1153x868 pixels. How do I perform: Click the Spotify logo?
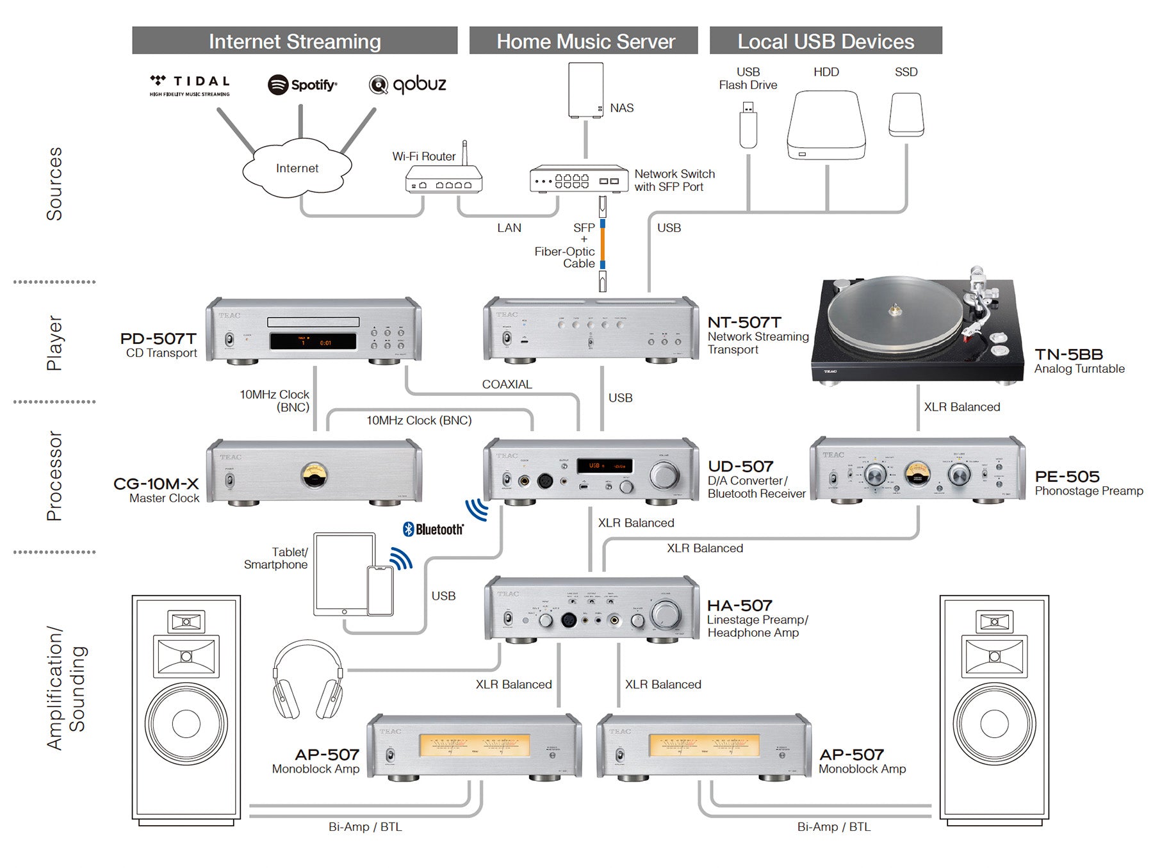pos(302,85)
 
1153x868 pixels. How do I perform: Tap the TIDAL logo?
pos(190,84)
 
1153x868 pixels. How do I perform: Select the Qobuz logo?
pos(407,84)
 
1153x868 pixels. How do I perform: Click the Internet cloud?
pos(297,168)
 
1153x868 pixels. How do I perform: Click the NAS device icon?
pos(585,90)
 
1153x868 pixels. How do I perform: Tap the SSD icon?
pos(906,115)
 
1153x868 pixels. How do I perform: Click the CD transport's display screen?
pos(313,341)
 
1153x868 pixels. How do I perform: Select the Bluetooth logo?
pos(433,529)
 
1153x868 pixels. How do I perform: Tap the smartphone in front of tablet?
pos(380,591)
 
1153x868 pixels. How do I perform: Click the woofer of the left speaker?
pos(186,723)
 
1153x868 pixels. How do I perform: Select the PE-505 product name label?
pos(1067,477)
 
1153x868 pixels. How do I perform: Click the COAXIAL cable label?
pos(507,384)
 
